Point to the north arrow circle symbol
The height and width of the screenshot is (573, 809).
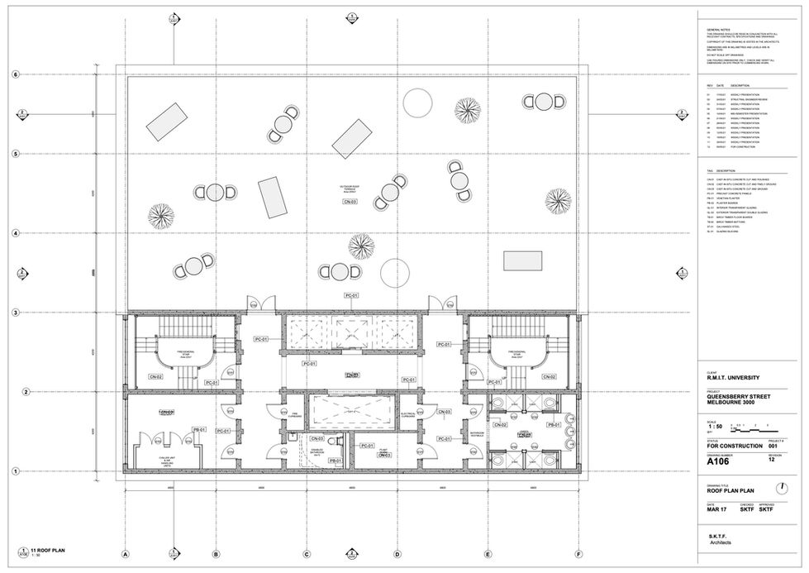pyautogui.click(x=783, y=489)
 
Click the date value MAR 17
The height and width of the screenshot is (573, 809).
pyautogui.click(x=716, y=509)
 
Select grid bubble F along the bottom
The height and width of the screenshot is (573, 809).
pyautogui.click(x=579, y=555)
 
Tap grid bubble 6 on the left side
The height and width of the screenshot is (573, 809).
pyautogui.click(x=14, y=74)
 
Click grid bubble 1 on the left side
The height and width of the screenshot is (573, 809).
pyautogui.click(x=14, y=471)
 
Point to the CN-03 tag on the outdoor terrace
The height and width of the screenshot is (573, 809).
pyautogui.click(x=350, y=202)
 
